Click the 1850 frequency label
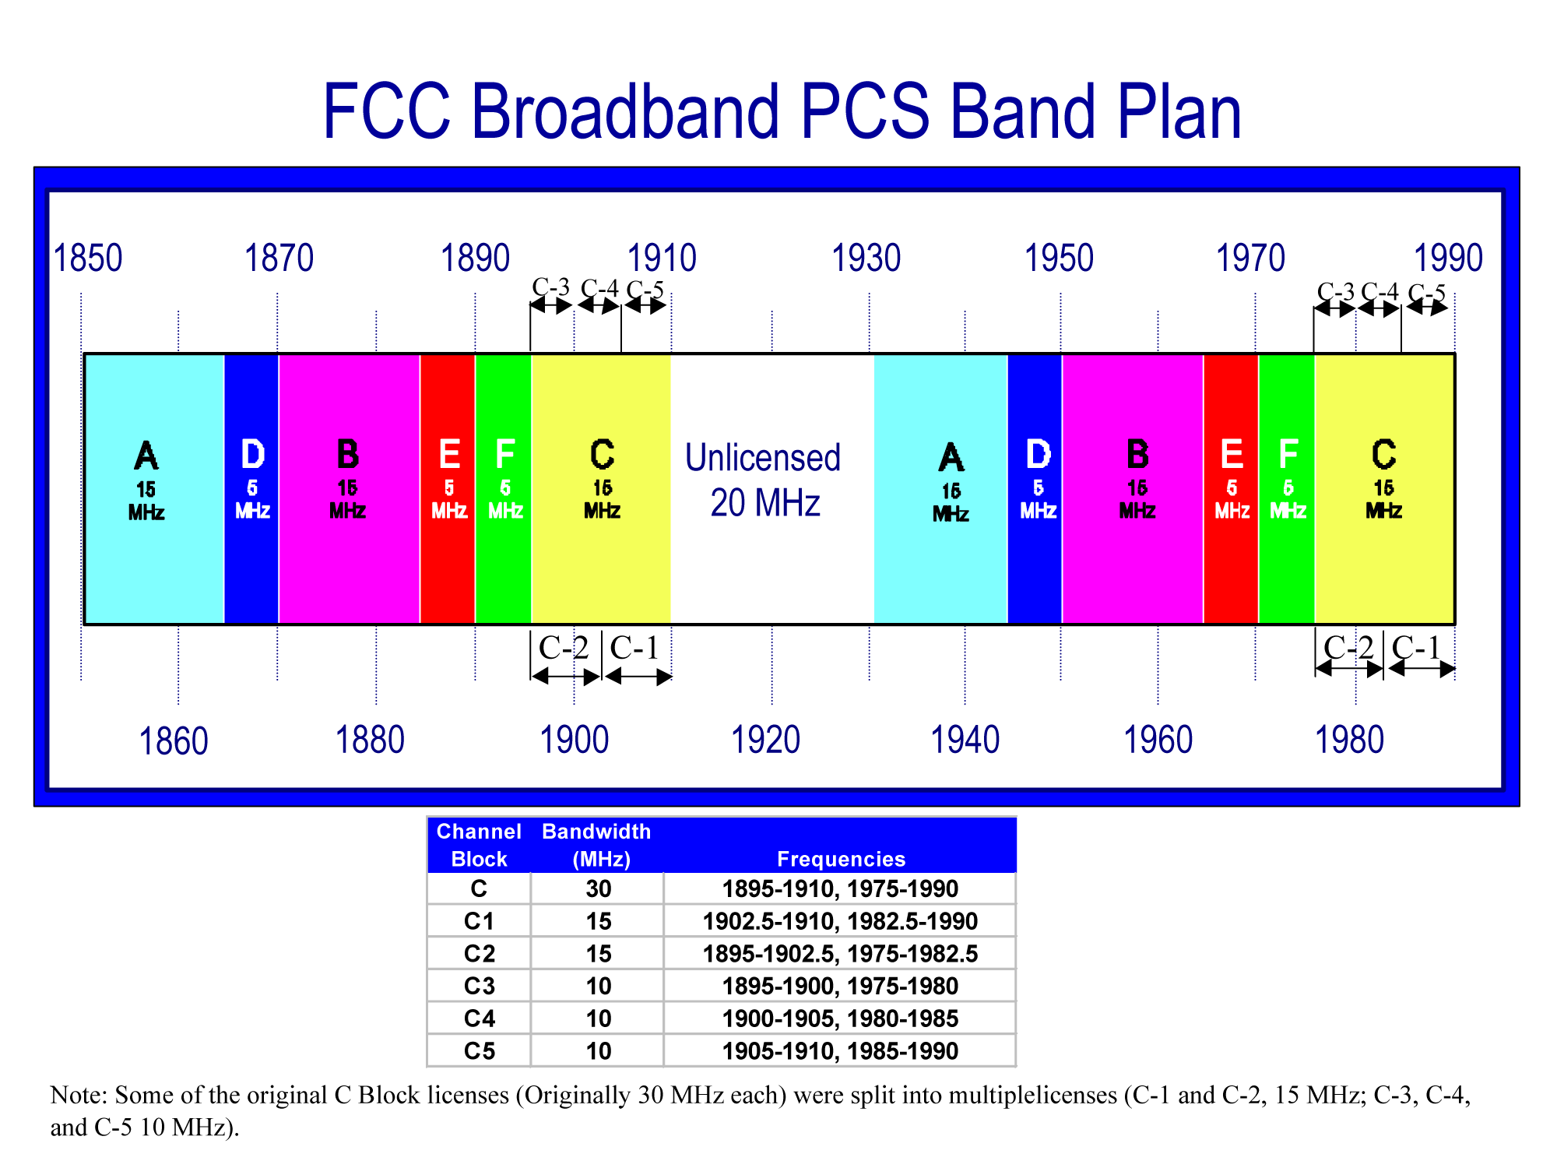click(87, 259)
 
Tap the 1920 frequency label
click(765, 740)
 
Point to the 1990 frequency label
click(1448, 259)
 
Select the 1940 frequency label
click(965, 740)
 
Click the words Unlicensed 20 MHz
click(764, 480)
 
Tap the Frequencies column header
click(841, 859)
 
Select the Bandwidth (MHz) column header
click(597, 845)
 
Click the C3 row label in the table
click(480, 986)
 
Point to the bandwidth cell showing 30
click(598, 888)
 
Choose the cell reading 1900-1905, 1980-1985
click(840, 1018)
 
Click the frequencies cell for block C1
click(840, 921)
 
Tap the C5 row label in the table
click(480, 1051)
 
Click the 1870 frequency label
click(279, 259)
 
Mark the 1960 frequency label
click(1158, 740)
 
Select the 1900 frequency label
click(574, 740)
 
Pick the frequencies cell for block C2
click(840, 954)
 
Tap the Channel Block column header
click(479, 845)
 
